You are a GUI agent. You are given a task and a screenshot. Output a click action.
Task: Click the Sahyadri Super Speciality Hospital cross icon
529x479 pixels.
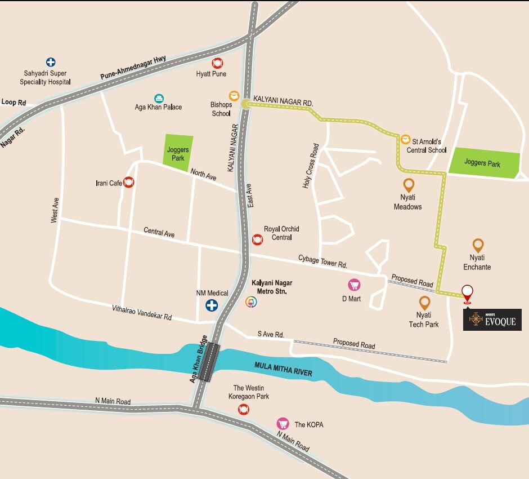(51, 62)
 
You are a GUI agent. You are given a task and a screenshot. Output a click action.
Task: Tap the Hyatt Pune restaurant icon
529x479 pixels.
(218, 63)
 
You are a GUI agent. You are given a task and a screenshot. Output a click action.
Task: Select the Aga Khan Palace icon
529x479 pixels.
(159, 98)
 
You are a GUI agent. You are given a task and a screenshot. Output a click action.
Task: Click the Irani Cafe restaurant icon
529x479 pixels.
(128, 182)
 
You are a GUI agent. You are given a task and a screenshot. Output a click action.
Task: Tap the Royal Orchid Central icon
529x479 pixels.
(258, 239)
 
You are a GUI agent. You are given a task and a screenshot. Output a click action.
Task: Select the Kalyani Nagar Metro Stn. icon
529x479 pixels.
(251, 302)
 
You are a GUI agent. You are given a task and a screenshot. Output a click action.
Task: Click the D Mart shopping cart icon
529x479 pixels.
(354, 285)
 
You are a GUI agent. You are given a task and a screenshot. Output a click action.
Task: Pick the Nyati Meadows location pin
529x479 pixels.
(409, 185)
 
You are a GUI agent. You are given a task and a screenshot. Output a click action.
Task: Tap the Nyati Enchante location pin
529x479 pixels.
(478, 245)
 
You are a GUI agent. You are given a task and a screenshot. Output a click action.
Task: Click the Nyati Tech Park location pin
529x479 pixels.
(425, 303)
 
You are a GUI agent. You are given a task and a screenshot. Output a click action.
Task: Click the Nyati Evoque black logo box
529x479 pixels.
(492, 320)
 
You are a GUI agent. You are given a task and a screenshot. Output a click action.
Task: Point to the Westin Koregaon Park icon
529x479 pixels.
(244, 409)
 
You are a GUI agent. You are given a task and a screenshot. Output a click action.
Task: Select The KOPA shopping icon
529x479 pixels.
(282, 424)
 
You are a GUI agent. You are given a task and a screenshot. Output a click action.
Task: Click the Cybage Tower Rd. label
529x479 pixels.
(322, 261)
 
